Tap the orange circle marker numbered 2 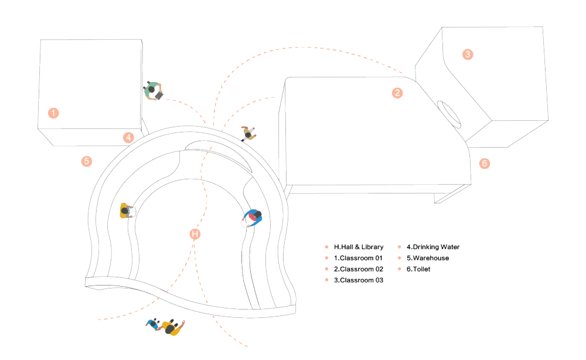coord(397,93)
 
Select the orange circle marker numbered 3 coord(467,54)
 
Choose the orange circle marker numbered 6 coord(485,164)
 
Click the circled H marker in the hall coord(196,234)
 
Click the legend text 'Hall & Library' coord(358,247)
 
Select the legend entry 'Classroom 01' coord(358,258)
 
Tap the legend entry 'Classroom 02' coord(358,269)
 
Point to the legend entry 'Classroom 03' coord(358,280)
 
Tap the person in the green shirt coord(153,90)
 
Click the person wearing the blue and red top coord(253,218)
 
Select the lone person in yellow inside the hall coord(125,211)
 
